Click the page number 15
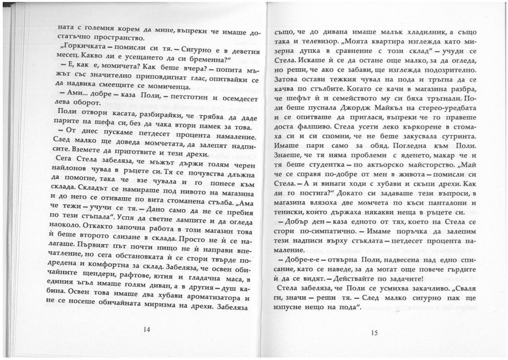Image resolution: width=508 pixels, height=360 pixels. (374, 333)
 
